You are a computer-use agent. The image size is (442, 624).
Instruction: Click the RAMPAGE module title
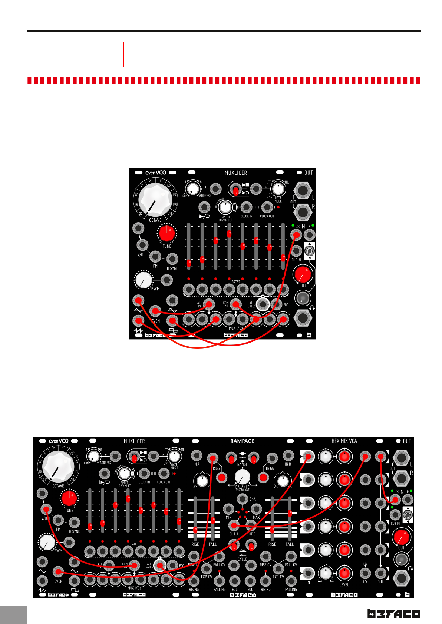pyautogui.click(x=243, y=441)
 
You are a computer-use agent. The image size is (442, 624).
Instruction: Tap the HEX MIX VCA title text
pyautogui.click(x=344, y=441)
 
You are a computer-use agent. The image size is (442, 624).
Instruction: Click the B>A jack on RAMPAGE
pyautogui.click(x=242, y=499)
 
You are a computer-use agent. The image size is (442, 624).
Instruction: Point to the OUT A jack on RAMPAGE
pyautogui.click(x=234, y=525)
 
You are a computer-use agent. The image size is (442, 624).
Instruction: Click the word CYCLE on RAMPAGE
pyautogui.click(x=243, y=559)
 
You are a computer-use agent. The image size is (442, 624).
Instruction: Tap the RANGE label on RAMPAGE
pyautogui.click(x=243, y=464)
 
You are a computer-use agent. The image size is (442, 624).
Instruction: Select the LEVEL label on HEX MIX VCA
pyautogui.click(x=344, y=585)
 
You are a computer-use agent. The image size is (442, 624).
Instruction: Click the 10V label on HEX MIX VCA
pyautogui.click(x=365, y=564)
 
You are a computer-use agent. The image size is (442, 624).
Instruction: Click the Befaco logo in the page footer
pyautogui.click(x=393, y=614)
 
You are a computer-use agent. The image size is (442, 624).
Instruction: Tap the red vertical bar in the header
pyautogui.click(x=123, y=54)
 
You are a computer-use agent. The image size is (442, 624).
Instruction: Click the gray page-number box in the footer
pyautogui.click(x=14, y=615)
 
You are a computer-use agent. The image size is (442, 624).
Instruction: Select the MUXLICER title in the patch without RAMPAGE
pyautogui.click(x=235, y=173)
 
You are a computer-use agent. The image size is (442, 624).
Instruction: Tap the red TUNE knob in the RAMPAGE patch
pyautogui.click(x=69, y=499)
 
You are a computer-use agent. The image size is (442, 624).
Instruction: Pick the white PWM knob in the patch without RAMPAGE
pyautogui.click(x=144, y=280)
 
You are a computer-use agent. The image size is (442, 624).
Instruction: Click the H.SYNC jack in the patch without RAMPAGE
pyautogui.click(x=172, y=259)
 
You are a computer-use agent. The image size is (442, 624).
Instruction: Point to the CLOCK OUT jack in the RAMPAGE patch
pyautogui.click(x=164, y=473)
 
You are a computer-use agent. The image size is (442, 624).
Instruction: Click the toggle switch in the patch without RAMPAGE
pyautogui.click(x=309, y=252)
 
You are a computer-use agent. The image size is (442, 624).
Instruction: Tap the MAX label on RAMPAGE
pyautogui.click(x=256, y=517)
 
